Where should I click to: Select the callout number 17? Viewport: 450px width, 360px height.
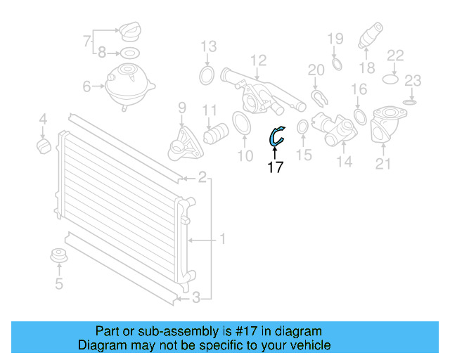276,167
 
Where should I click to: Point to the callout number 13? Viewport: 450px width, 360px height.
208,47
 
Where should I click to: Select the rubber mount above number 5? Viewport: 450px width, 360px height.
59,257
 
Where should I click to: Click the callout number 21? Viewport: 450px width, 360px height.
383,165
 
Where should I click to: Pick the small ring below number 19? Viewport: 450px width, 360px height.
336,65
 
